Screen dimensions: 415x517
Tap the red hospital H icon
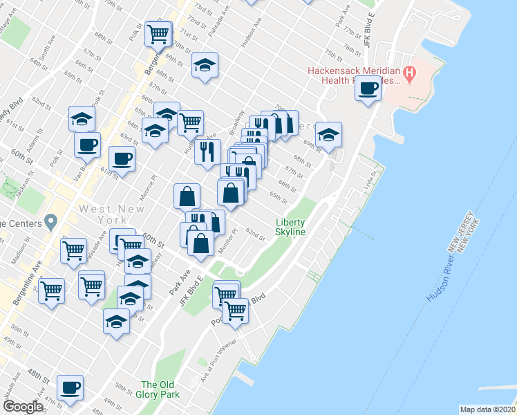(410, 71)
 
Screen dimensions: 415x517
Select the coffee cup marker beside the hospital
(368, 89)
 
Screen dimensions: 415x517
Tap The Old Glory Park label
(160, 389)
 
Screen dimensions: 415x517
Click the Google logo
(23, 406)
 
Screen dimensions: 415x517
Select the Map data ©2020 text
(487, 409)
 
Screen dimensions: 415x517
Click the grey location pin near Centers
(49, 222)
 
